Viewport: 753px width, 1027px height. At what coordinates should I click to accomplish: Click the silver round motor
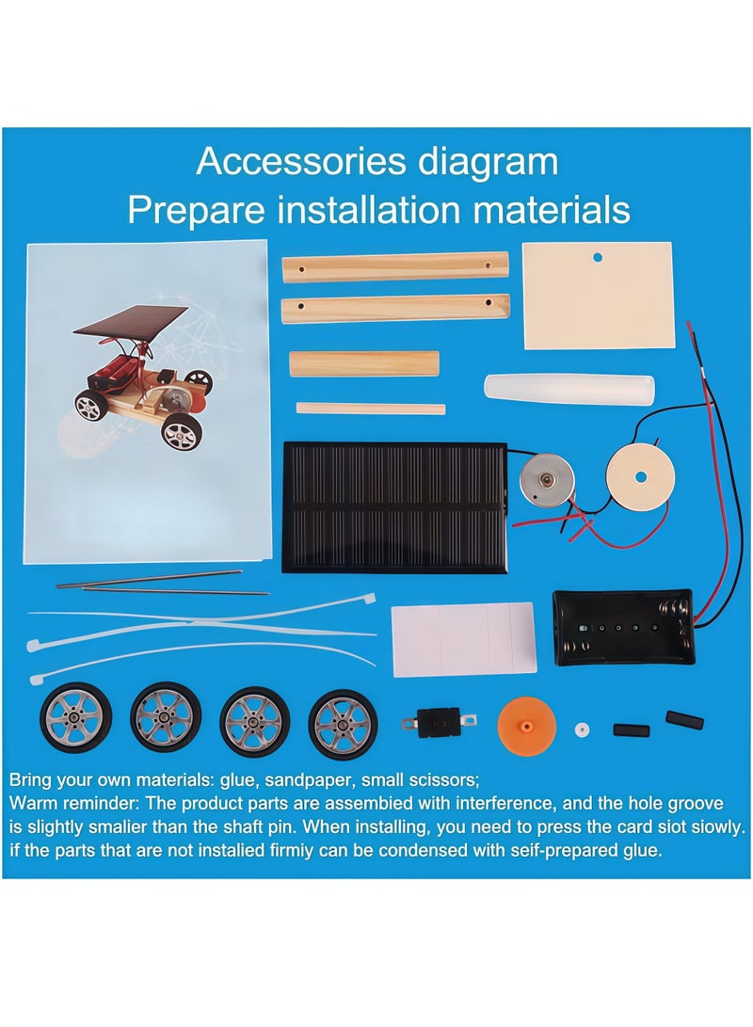click(x=546, y=478)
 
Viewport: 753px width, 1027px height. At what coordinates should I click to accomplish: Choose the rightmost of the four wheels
click(x=343, y=723)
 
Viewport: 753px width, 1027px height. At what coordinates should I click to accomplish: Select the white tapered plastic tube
click(x=569, y=389)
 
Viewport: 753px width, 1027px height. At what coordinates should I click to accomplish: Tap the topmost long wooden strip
click(x=395, y=266)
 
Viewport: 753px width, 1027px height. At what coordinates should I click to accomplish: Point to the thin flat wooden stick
click(x=370, y=409)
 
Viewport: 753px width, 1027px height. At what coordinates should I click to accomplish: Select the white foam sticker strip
click(x=463, y=638)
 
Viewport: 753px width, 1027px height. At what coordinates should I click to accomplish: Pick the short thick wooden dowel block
click(x=363, y=363)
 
